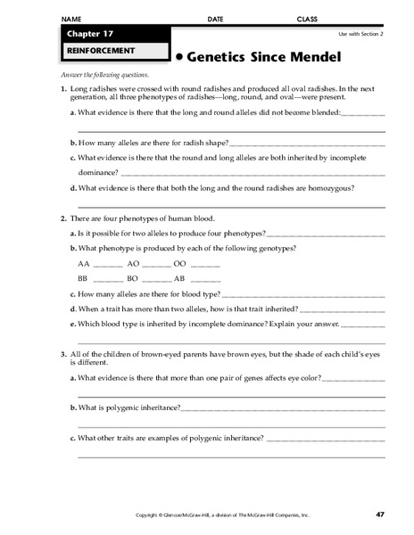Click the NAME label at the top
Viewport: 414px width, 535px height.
coord(71,18)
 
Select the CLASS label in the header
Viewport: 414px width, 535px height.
coord(306,18)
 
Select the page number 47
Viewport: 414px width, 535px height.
coord(379,514)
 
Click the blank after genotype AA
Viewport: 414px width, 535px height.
coord(107,265)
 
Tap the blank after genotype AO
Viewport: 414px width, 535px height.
coord(155,265)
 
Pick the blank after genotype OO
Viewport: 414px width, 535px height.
coord(205,265)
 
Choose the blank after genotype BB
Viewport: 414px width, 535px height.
coord(107,279)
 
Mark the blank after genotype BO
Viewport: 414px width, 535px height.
coord(155,279)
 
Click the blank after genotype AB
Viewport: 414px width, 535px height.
coord(205,279)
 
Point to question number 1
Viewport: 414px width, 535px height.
coord(62,91)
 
